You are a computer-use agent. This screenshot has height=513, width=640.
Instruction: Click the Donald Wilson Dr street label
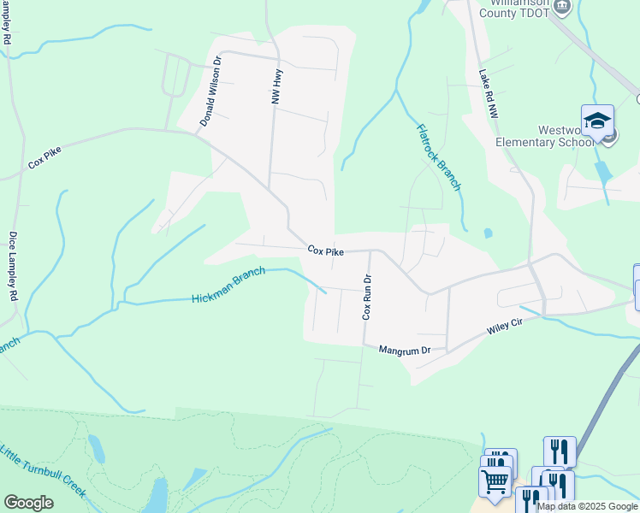click(211, 92)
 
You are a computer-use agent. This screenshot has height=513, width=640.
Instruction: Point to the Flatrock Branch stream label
click(439, 157)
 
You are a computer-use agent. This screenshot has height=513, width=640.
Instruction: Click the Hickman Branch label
click(228, 285)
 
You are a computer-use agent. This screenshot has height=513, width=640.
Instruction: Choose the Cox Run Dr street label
click(366, 297)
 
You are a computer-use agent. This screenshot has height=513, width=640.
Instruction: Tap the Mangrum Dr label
click(403, 350)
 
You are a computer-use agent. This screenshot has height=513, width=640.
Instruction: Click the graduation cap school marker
click(597, 121)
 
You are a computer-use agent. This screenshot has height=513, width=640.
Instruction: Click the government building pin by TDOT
click(562, 7)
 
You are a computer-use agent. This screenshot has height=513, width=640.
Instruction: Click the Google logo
click(28, 503)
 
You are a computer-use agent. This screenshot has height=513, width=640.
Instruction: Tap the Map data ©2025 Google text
click(587, 506)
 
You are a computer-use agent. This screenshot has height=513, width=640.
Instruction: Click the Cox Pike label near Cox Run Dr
click(326, 251)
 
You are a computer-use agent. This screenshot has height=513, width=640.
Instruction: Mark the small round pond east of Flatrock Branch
click(488, 233)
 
